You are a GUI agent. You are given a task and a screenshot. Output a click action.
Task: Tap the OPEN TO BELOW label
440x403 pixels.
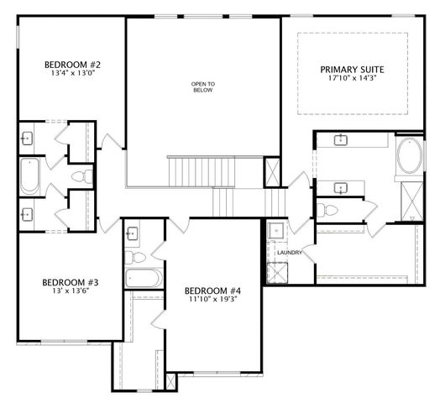coord(202,87)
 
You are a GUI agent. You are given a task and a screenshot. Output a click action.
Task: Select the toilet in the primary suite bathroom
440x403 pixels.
coord(327,208)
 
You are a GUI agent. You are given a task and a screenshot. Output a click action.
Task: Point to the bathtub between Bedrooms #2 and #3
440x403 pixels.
coord(30,177)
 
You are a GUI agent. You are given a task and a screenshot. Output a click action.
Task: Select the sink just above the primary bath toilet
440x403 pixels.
coord(341,186)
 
